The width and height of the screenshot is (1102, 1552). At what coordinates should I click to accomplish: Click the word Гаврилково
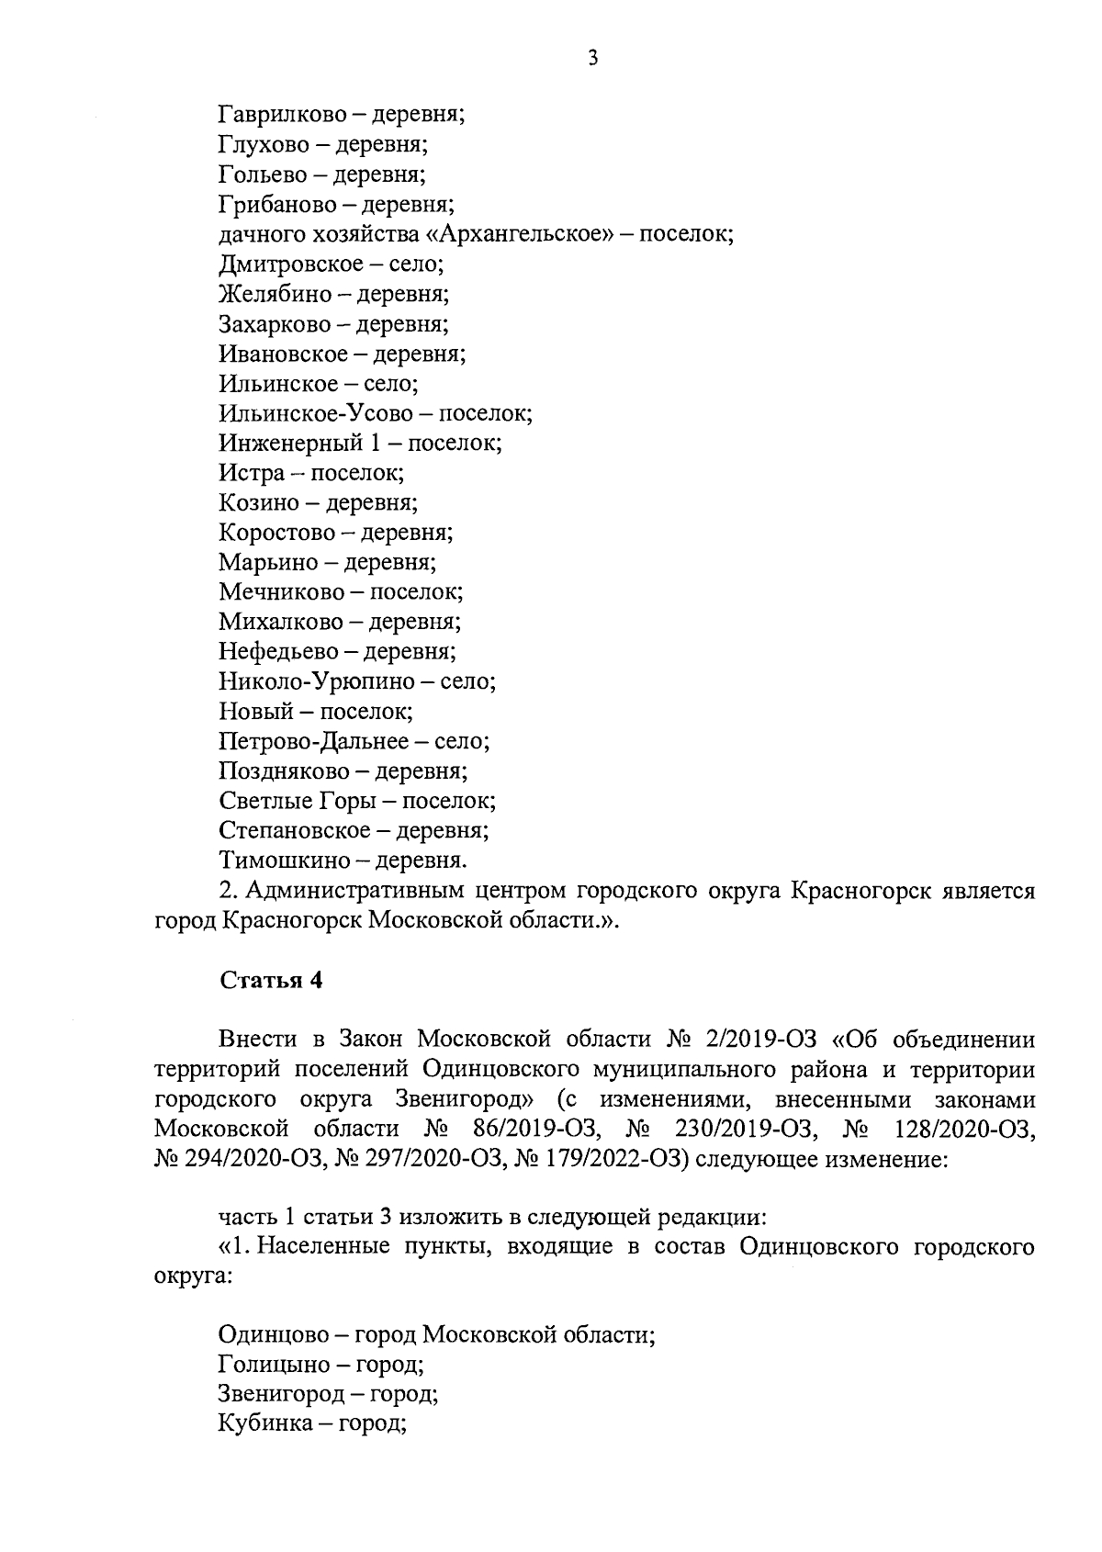(x=282, y=116)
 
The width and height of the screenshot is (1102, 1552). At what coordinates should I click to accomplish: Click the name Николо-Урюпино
(x=317, y=682)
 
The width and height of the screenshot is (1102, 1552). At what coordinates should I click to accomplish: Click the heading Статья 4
(x=271, y=980)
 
